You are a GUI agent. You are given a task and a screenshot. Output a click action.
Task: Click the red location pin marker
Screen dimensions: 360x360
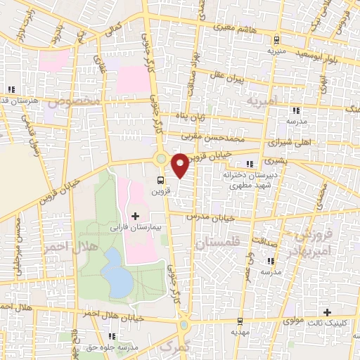click(x=180, y=165)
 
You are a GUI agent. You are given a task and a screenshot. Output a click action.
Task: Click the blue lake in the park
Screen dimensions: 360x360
click(x=117, y=273)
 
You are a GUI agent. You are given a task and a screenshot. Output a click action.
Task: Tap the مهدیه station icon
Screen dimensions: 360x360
click(x=239, y=320)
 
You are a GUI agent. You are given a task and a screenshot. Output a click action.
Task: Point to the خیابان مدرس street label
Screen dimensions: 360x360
click(x=207, y=217)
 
